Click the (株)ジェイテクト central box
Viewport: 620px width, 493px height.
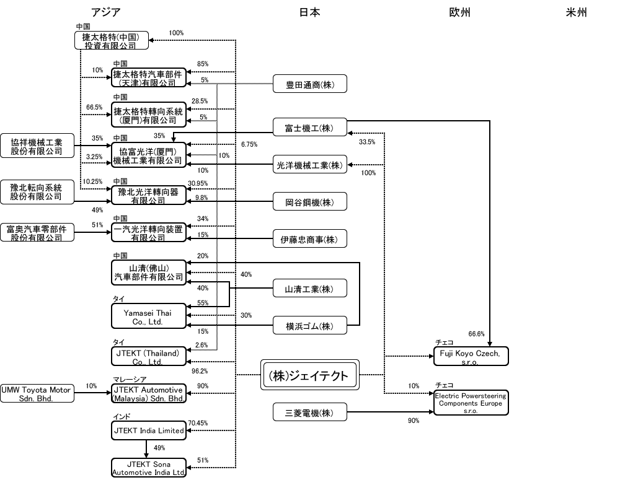pos(309,375)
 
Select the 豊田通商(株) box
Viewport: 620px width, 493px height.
pos(309,84)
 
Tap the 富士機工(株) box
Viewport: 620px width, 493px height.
pos(309,127)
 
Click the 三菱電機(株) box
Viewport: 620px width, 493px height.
pos(309,412)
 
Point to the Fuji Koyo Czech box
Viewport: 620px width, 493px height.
pos(471,356)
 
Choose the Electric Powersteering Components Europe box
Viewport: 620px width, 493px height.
pos(471,403)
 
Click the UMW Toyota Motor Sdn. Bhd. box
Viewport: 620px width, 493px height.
pos(37,394)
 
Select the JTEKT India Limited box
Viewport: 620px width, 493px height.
pos(149,430)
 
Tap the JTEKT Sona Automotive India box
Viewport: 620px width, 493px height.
pos(149,468)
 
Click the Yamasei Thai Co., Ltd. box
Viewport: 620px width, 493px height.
pos(149,318)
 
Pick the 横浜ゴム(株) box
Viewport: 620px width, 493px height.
pos(309,326)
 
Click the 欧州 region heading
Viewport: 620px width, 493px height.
pos(459,12)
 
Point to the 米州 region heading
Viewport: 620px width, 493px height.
pos(576,12)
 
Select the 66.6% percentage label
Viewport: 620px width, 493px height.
pos(477,334)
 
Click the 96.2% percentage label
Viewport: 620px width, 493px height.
pos(199,372)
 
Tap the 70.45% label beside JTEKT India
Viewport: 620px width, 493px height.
pos(198,424)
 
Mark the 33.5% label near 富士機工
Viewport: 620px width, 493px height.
pos(367,142)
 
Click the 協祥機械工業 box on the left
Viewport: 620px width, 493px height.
pos(37,145)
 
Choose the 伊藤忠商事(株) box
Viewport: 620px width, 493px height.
pos(309,238)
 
